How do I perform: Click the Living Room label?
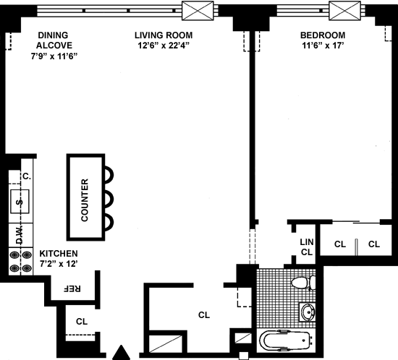coord(164,35)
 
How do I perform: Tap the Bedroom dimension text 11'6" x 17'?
coord(323,46)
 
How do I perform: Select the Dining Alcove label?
coord(54,40)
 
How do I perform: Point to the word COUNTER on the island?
coord(85,200)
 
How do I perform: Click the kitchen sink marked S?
coord(20,202)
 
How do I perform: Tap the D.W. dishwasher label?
coord(20,235)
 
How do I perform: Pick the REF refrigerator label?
coord(72,288)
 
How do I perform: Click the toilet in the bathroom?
coord(304,283)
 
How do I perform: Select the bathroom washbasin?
coord(308,312)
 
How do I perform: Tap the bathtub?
coord(286,340)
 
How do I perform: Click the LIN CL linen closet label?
coord(307,247)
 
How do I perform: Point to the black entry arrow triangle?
coord(122,352)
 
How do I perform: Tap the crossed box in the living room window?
coord(198,11)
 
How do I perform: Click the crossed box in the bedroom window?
coord(344,11)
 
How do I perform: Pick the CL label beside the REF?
coord(82,322)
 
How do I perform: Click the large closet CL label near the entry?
coord(204,315)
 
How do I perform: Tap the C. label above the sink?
coord(27,176)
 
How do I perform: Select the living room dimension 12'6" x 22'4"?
coord(164,46)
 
